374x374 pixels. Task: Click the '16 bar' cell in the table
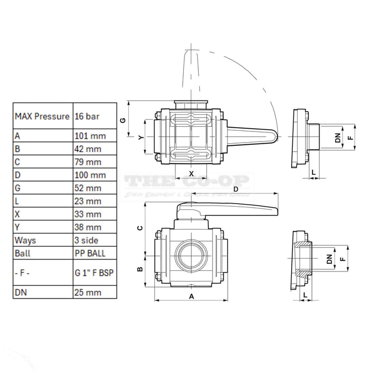(87, 116)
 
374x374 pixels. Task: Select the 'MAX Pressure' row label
(42, 116)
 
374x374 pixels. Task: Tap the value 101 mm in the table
(90, 136)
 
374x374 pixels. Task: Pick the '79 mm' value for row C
(88, 162)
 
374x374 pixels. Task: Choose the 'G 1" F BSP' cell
(95, 272)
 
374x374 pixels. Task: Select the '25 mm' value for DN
(88, 292)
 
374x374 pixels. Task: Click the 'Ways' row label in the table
(26, 240)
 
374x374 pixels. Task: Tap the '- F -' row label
(23, 272)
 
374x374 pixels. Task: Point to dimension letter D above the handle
(235, 189)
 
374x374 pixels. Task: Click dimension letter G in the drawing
(123, 120)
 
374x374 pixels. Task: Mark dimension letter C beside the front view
(140, 228)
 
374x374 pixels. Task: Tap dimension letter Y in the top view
(141, 137)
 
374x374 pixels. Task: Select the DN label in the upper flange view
(337, 137)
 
